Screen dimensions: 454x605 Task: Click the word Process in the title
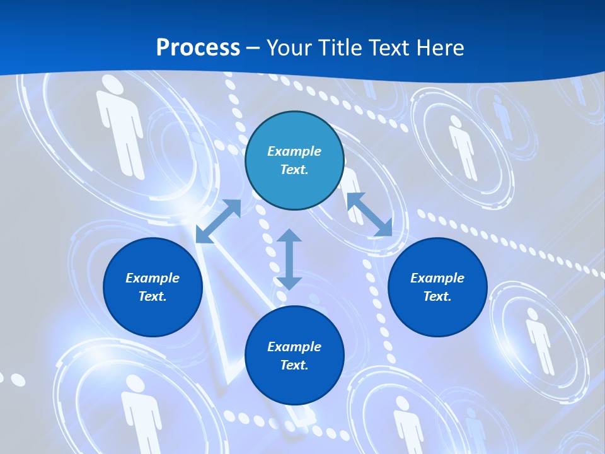198,48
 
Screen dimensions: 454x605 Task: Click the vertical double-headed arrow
289,260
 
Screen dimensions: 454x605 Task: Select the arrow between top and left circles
219,221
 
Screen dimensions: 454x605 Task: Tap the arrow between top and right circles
369,214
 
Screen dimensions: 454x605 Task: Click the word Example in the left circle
153,278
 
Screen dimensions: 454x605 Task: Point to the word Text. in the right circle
437,296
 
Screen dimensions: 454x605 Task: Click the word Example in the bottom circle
294,347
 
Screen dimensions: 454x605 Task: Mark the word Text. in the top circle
294,170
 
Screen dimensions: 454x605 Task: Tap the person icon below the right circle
539,340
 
